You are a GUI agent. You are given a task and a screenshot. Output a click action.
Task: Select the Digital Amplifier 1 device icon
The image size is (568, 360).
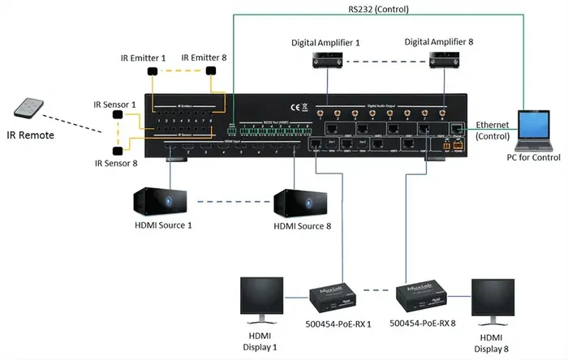point(325,61)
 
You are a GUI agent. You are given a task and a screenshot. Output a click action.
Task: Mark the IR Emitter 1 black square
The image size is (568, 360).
point(152,71)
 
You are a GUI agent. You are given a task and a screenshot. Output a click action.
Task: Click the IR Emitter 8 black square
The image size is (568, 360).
point(212,71)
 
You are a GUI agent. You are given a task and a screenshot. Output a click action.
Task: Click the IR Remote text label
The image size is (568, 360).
point(28,135)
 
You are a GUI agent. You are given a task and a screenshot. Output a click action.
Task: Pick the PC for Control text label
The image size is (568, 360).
point(527,159)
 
